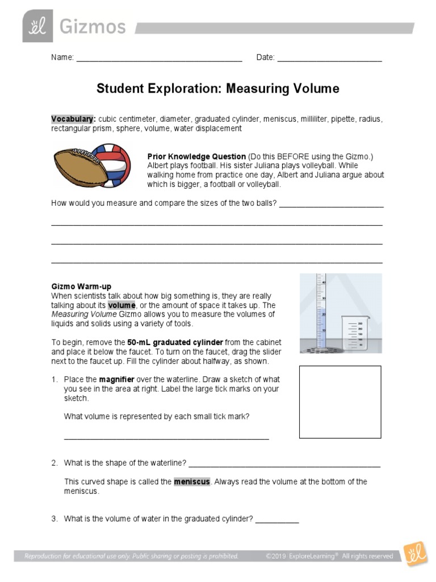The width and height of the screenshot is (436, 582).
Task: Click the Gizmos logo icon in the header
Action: pos(37,26)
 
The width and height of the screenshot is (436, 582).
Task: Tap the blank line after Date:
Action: pos(329,60)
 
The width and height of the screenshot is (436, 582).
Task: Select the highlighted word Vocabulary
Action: pos(73,119)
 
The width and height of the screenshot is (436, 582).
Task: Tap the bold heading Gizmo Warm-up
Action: pos(81,287)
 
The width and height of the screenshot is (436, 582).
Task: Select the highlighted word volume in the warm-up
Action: pos(122,305)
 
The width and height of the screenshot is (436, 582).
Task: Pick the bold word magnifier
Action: pos(116,380)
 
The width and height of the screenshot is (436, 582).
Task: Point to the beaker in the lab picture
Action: pos(355,333)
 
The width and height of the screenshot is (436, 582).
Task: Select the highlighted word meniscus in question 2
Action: pos(192,482)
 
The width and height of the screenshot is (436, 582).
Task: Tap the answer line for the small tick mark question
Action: pos(166,438)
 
